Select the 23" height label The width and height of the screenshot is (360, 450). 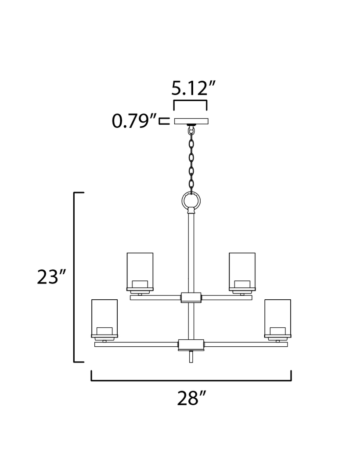click(x=51, y=277)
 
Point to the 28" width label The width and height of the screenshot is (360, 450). click(x=191, y=399)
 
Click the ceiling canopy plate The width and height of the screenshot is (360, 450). click(x=191, y=121)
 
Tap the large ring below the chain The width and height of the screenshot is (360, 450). click(x=191, y=201)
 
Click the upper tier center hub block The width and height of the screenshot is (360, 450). click(x=191, y=298)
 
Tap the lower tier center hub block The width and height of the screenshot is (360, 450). click(x=191, y=345)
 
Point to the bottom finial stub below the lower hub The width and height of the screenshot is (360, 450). click(x=191, y=357)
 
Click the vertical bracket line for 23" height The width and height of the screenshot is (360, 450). click(x=74, y=277)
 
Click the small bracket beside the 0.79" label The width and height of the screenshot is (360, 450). click(x=163, y=121)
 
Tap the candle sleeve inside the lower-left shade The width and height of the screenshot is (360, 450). click(x=104, y=331)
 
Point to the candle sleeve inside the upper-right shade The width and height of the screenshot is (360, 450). click(x=242, y=284)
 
